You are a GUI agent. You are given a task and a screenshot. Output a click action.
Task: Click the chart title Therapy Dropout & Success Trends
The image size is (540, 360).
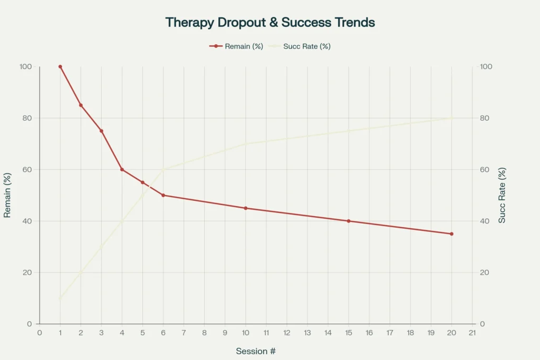pos(270,23)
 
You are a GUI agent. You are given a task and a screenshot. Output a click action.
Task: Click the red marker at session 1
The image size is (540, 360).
pos(60,67)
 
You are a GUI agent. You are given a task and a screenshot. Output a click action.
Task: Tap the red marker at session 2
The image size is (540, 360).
pos(81,105)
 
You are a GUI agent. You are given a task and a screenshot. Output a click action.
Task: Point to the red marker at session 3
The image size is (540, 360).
pos(101,131)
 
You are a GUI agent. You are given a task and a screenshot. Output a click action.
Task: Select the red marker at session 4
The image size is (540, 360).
pos(122,170)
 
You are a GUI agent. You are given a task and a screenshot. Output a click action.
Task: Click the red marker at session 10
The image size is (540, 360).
pos(246,208)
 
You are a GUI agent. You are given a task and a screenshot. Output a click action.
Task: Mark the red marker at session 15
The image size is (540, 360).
pos(349,221)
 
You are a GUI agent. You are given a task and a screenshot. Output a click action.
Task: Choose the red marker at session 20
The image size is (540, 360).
pos(451,234)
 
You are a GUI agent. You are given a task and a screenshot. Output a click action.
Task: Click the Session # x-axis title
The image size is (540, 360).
pos(256,351)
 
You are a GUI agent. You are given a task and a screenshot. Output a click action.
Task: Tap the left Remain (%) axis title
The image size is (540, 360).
pos(7,196)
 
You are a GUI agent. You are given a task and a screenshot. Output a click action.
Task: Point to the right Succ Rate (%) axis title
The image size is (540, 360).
pos(502,196)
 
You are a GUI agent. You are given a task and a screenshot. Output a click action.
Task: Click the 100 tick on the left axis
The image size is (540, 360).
pos(26,67)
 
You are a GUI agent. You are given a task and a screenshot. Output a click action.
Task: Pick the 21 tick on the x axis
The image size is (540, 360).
pos(472,333)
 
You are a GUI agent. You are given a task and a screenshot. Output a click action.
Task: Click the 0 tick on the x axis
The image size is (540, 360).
pos(40,333)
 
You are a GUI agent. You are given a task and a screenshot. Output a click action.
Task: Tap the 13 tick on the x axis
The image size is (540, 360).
pos(307,333)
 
